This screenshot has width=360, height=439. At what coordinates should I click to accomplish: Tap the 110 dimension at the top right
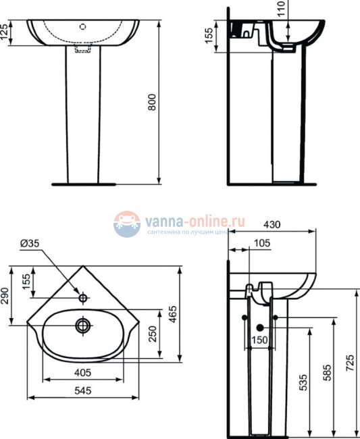point(282,8)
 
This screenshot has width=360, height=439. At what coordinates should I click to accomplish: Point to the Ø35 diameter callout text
point(30,244)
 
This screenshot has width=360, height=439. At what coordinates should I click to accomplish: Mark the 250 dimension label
point(153,332)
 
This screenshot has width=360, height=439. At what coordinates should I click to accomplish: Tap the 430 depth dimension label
point(272,224)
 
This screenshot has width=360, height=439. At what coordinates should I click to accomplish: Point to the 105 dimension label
point(263,242)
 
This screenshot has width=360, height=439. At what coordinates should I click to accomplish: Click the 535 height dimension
point(303,383)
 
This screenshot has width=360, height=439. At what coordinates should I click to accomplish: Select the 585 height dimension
point(328,375)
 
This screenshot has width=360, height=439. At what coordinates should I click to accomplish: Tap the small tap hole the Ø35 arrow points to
point(83,297)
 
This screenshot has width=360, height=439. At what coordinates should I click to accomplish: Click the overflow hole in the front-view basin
point(82,28)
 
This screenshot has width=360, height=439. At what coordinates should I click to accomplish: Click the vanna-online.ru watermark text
point(193,221)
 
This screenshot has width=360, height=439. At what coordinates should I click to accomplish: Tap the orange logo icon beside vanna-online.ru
point(126,225)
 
